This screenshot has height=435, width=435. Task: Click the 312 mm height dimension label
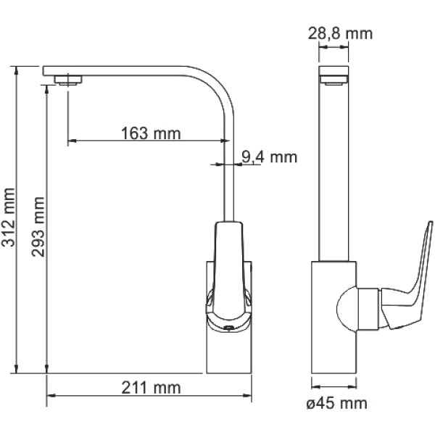tap(8, 217)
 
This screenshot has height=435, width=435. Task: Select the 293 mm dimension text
tap(38, 227)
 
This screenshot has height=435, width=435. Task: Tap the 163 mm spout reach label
tap(151, 133)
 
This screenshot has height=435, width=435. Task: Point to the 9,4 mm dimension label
tap(269, 157)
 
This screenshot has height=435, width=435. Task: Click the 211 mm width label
tap(152, 388)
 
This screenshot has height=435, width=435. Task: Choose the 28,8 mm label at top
tap(341, 33)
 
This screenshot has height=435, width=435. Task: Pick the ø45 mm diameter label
tap(337, 403)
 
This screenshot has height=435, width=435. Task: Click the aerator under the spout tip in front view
tap(68, 80)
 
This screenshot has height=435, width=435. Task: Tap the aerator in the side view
tap(333, 80)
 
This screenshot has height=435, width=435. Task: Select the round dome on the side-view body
tap(347, 309)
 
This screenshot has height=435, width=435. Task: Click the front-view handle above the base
tap(228, 272)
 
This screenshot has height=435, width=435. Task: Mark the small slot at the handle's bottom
tap(228, 328)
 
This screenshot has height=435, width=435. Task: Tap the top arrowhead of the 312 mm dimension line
tap(17, 70)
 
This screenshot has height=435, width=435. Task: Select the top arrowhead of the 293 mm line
tap(46, 89)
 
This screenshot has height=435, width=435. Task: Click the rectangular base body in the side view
tap(333, 317)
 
